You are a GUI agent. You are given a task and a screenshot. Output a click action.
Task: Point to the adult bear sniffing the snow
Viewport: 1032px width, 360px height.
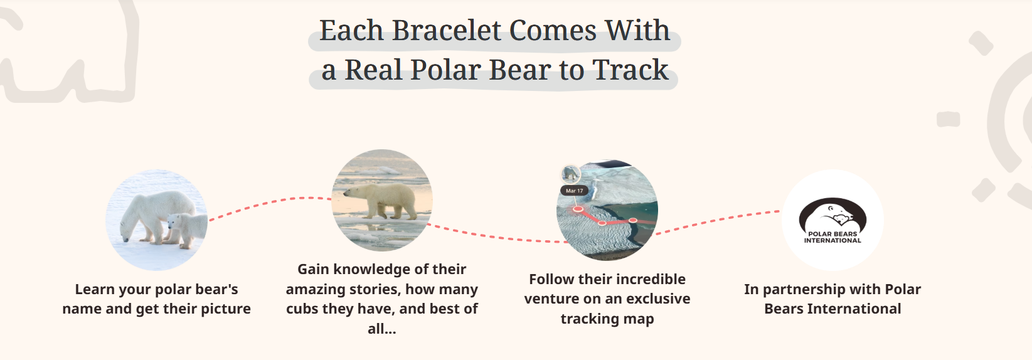point(151,213)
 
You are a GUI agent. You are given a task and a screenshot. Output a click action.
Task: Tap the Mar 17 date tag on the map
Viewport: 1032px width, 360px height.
point(574,191)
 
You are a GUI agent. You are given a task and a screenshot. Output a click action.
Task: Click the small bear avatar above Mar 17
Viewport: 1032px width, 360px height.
point(571,173)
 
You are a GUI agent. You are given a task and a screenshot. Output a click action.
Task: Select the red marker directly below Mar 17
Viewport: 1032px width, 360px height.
point(578,209)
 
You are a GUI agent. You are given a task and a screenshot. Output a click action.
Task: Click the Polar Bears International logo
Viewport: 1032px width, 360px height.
point(833,221)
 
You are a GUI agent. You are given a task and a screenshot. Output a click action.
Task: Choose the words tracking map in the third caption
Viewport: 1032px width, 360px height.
point(607,319)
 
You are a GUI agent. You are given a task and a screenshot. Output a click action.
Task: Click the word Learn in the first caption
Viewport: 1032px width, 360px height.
point(95,290)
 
